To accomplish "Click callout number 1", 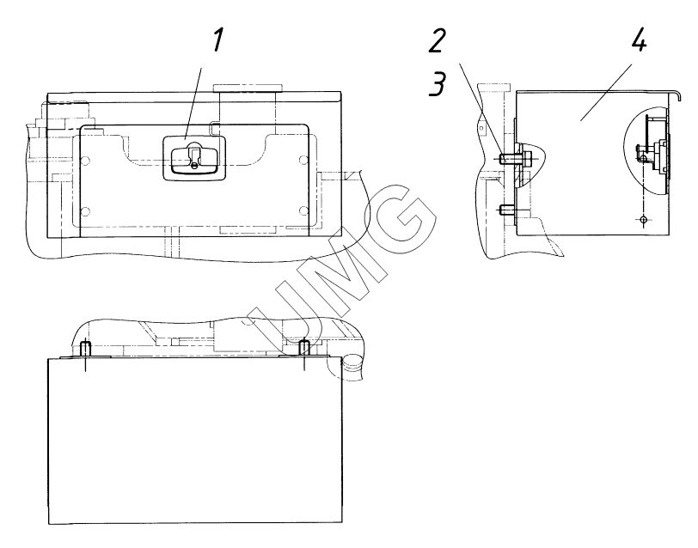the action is point(217,40).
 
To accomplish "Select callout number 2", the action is point(437,41).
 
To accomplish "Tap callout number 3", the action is point(438,83).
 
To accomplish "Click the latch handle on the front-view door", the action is point(194,158).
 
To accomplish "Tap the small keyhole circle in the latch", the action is point(195,166).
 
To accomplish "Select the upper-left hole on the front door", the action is point(86,160).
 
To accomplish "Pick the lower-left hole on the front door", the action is point(86,210).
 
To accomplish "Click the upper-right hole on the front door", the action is point(303,160).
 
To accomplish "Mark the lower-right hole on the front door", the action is point(303,210).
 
